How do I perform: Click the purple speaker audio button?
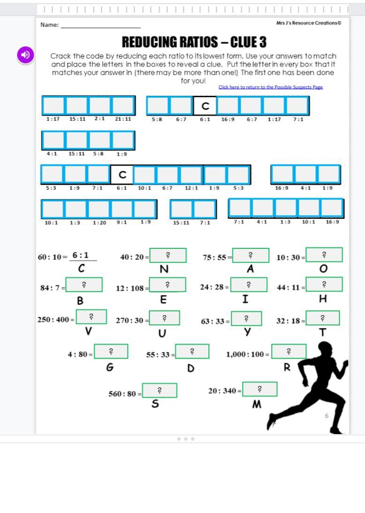tap(26, 54)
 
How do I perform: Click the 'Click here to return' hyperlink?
tap(270, 87)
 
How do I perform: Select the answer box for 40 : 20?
tap(168, 256)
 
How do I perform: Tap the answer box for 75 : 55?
tap(251, 256)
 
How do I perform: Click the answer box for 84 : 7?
tap(84, 285)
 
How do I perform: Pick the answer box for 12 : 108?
tap(167, 285)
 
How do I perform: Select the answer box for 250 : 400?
tap(91, 317)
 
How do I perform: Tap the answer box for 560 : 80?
tap(160, 390)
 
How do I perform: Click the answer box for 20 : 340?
tap(259, 389)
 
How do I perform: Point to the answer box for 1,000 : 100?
tap(289, 352)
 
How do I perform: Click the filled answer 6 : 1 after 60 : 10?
tap(81, 255)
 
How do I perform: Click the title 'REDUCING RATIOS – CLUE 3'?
tap(194, 42)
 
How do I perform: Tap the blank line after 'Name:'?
tap(100, 25)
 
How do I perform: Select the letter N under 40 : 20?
tap(164, 269)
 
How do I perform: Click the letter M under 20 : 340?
tap(257, 404)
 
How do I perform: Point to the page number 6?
tap(327, 416)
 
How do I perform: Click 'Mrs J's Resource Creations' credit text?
tap(309, 23)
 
